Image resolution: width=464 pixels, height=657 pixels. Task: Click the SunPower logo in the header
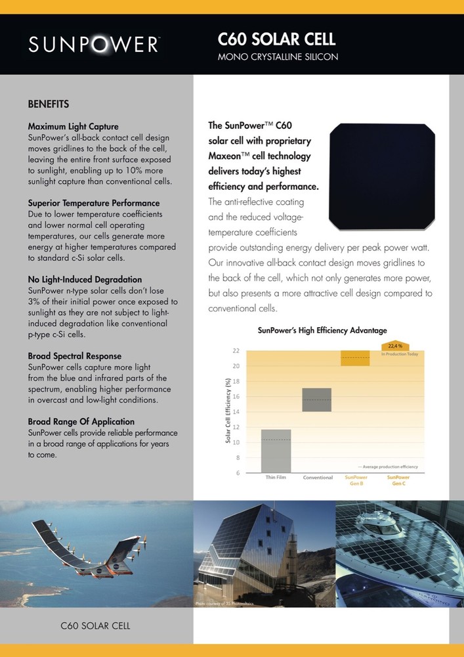pos(93,44)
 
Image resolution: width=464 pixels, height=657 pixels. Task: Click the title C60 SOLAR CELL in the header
pos(276,40)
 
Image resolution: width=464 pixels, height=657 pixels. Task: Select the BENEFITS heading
pos(49,104)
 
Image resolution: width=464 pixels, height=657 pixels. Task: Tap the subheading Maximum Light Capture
pos(74,126)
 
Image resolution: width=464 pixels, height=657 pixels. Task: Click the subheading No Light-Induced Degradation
pos(85,279)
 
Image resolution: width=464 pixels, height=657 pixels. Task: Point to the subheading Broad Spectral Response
pos(75,356)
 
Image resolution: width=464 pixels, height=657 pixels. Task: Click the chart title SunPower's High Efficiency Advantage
pos(322,330)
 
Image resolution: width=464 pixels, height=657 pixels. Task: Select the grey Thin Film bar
pos(276,451)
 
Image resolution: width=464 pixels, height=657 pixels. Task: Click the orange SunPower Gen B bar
pos(355,358)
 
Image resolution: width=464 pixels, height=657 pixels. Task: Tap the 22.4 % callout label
pos(395,346)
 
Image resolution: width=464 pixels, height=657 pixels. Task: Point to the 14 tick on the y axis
pos(236,411)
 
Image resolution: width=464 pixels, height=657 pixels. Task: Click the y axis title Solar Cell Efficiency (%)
pos(228,411)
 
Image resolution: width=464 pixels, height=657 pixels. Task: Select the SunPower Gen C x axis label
pos(398,480)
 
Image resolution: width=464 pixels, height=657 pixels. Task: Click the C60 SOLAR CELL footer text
pos(95,625)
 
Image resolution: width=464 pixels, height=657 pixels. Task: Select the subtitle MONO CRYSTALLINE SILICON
pos(278,57)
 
